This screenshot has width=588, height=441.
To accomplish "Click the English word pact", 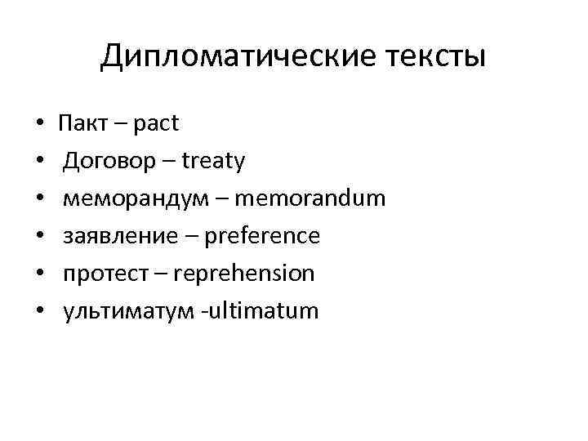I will point(154,124).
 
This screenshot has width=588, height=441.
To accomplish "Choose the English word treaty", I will point(214,162).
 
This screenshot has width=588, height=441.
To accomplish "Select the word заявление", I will point(118,236).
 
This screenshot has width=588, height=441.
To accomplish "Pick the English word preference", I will point(262,236).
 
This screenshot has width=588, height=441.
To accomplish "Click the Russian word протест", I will point(104,274).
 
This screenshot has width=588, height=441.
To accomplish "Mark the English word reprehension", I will point(244,274).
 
